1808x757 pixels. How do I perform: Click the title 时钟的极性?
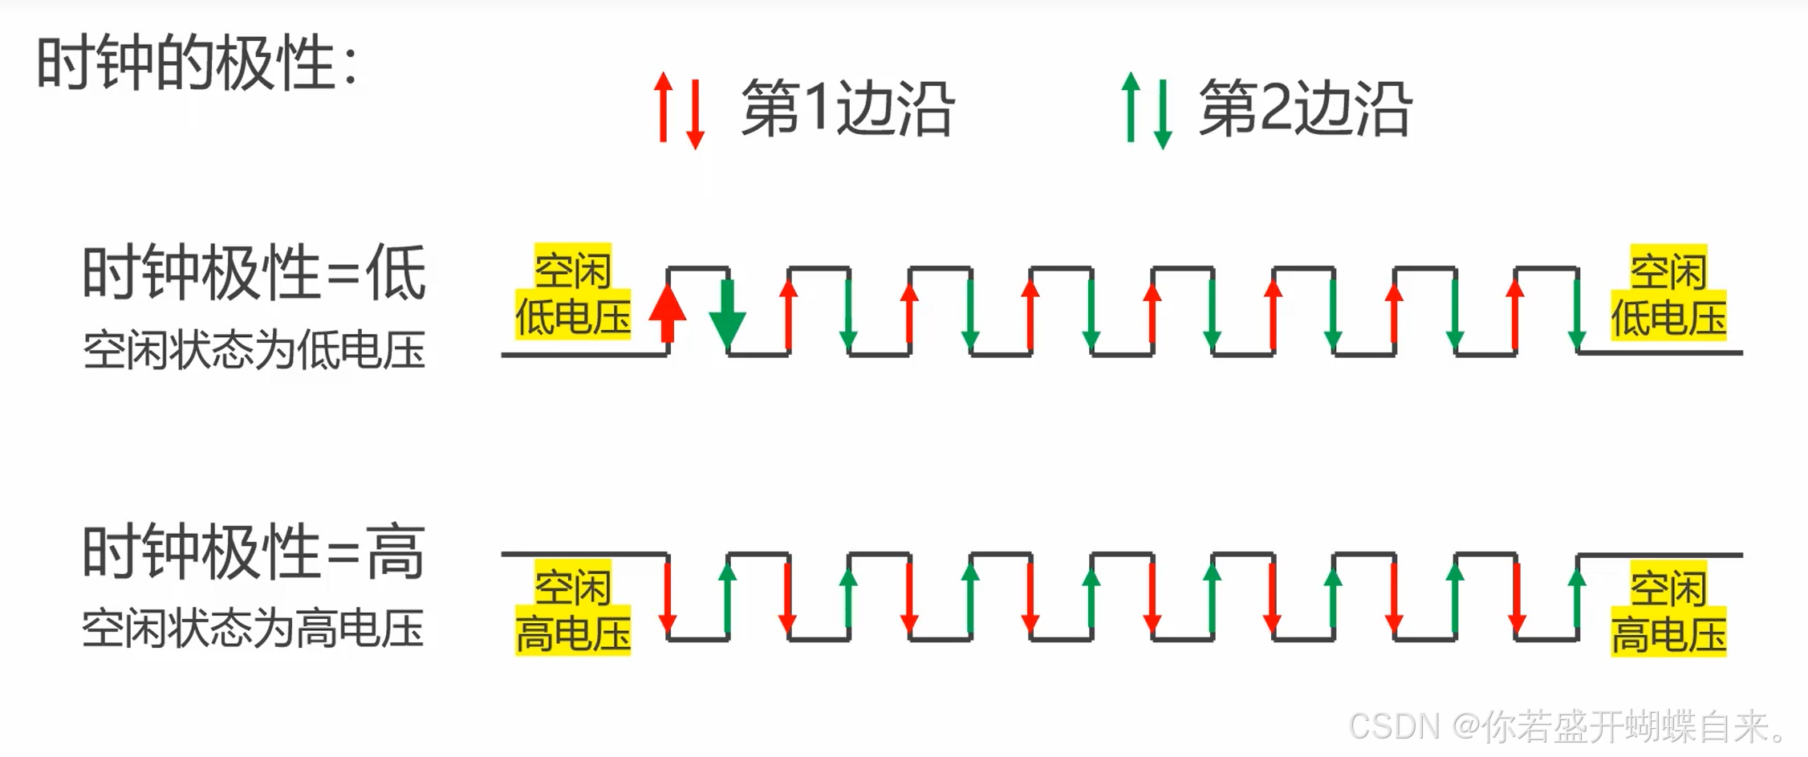[197, 63]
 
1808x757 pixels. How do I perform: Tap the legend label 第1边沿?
[847, 108]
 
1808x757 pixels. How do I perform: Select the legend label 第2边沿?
[1305, 108]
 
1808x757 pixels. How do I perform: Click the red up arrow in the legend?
[663, 108]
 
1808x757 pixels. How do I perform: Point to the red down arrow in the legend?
[696, 113]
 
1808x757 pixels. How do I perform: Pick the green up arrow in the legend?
[1131, 108]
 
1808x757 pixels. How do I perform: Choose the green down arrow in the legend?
[1163, 113]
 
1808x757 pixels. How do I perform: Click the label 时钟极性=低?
[254, 273]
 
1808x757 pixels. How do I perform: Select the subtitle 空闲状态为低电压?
[254, 350]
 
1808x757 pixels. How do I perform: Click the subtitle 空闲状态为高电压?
[254, 628]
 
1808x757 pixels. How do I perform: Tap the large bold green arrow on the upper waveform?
[727, 313]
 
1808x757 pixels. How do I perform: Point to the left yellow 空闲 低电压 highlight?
[573, 292]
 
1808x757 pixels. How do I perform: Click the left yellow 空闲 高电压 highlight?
[573, 608]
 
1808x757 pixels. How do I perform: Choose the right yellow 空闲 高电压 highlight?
[1668, 610]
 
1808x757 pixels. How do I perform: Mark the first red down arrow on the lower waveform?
[667, 598]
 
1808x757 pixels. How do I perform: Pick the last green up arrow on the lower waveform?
[1577, 598]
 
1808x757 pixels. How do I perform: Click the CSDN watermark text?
[1569, 726]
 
